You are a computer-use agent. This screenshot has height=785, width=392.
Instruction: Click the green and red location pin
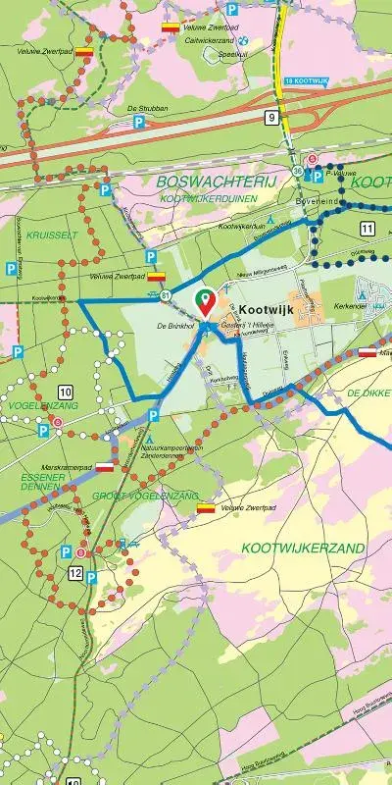(x=204, y=300)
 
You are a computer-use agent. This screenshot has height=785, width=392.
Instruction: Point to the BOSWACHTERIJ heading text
(x=207, y=182)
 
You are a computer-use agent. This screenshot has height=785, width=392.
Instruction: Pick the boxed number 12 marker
(x=75, y=571)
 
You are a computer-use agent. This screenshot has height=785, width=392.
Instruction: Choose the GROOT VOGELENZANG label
(x=138, y=497)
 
